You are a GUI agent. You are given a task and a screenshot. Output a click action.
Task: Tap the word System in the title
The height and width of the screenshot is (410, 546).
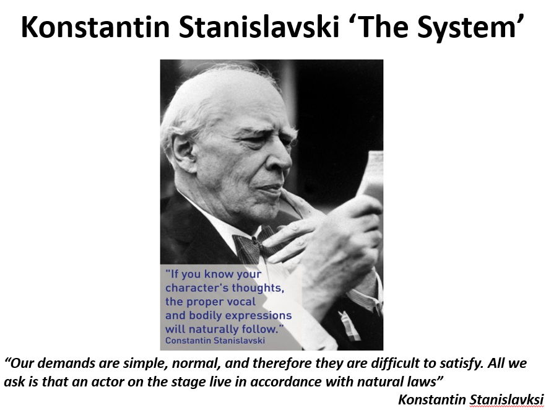pyautogui.click(x=459, y=27)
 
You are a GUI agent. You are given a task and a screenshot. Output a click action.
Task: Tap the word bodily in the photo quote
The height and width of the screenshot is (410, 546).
pyautogui.click(x=208, y=315)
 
